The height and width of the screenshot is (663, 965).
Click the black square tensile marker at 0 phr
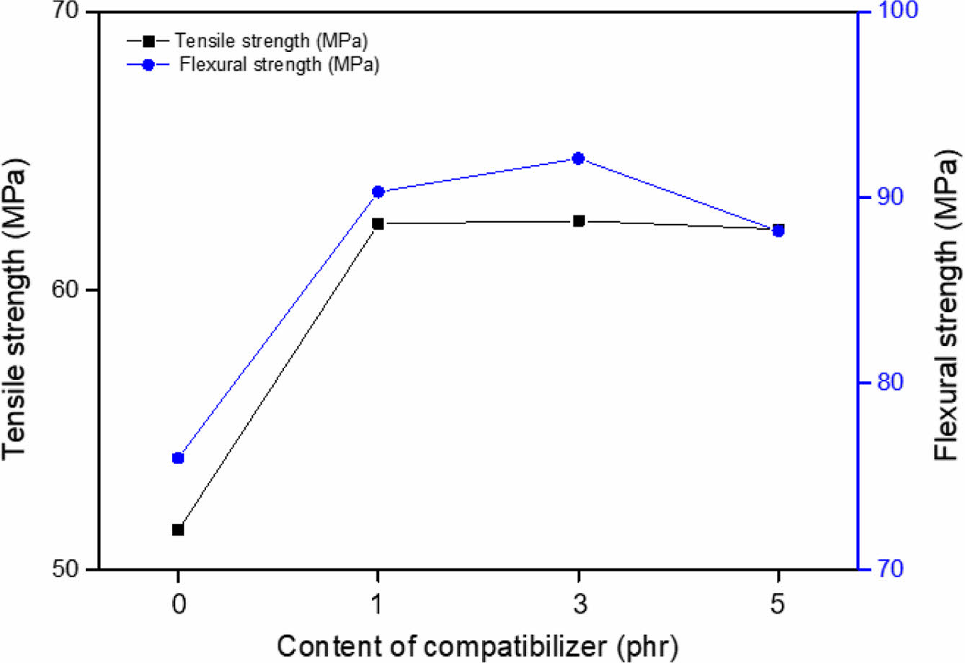point(178,530)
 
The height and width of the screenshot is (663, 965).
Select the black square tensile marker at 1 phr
point(378,223)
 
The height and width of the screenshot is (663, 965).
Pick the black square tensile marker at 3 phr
point(578,221)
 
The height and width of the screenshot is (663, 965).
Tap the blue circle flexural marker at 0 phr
point(178,458)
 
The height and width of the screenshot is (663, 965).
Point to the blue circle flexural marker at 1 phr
point(378,192)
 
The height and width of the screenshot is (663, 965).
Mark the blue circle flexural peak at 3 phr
point(578,159)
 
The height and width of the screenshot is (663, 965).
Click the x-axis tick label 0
point(178,604)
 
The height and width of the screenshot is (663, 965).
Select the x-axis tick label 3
point(578,604)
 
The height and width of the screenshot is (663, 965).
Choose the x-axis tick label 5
point(778,604)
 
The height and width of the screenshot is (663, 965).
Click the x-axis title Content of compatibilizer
point(476,645)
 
